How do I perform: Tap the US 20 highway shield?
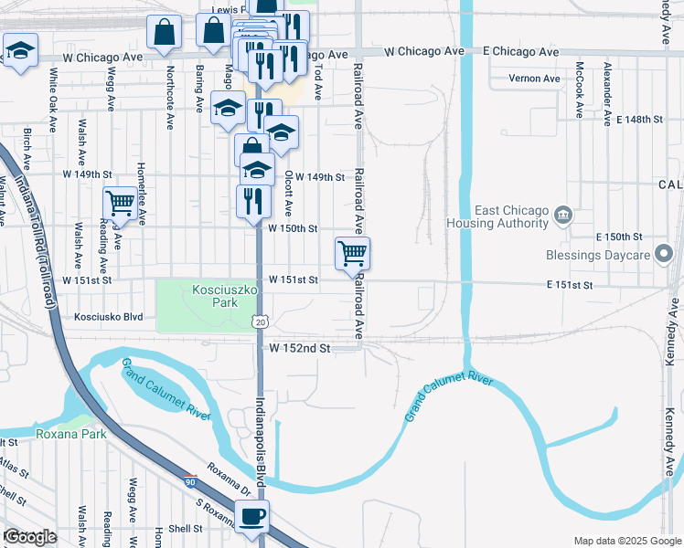(262, 321)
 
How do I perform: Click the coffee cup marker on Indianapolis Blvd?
(251, 517)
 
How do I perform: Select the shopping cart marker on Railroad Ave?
(352, 253)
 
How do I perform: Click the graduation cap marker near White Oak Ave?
(19, 51)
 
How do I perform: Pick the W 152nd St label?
(298, 348)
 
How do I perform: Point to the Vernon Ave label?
(534, 79)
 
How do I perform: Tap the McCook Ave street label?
(579, 90)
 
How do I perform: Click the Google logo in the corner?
(29, 537)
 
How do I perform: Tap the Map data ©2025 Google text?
(626, 541)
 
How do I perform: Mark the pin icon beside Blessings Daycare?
(666, 255)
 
